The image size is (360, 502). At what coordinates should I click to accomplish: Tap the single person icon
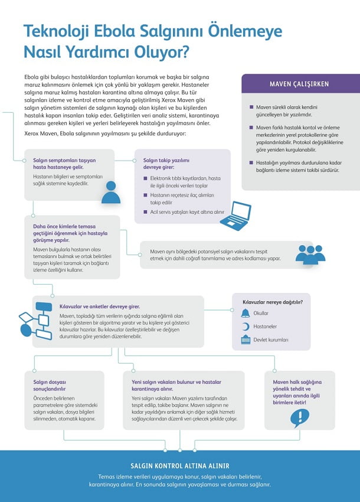pyautogui.click(x=111, y=193)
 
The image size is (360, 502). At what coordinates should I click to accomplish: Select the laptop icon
pyautogui.click(x=235, y=216)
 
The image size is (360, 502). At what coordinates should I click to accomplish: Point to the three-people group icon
pyautogui.click(x=310, y=254)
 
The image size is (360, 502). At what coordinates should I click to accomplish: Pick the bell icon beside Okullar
pyautogui.click(x=245, y=312)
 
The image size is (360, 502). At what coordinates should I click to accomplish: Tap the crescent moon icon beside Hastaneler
pyautogui.click(x=245, y=326)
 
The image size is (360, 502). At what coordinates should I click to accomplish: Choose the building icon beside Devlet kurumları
pyautogui.click(x=245, y=340)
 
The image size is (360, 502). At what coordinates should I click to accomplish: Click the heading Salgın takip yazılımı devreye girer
pyautogui.click(x=168, y=164)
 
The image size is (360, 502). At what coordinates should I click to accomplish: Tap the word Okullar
pyautogui.click(x=261, y=313)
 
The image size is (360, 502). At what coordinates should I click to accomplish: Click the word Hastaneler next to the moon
pyautogui.click(x=265, y=327)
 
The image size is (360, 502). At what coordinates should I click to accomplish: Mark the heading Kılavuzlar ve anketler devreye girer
pyautogui.click(x=100, y=307)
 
